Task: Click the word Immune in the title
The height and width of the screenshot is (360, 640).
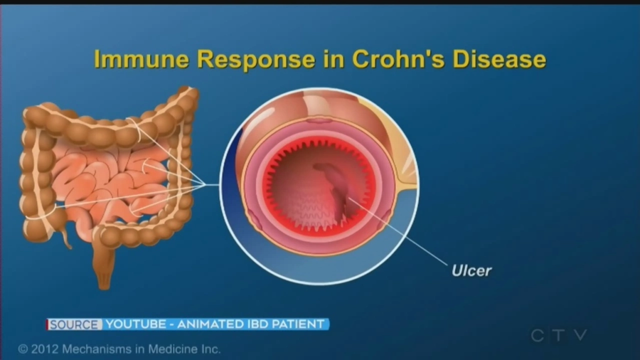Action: [x=142, y=59]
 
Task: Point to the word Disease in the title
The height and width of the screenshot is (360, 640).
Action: [x=499, y=59]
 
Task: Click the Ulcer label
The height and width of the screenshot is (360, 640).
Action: [x=471, y=270]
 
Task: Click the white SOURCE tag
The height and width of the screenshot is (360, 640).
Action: [x=74, y=324]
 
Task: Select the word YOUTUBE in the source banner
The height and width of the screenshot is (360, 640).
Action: [x=136, y=324]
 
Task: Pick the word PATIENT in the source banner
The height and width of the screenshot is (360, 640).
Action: [x=298, y=324]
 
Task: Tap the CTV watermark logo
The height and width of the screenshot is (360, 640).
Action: [x=559, y=335]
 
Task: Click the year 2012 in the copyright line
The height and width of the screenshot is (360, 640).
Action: [x=45, y=349]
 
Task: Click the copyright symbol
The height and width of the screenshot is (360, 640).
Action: [x=23, y=349]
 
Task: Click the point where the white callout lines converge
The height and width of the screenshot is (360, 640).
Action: [x=206, y=184]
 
